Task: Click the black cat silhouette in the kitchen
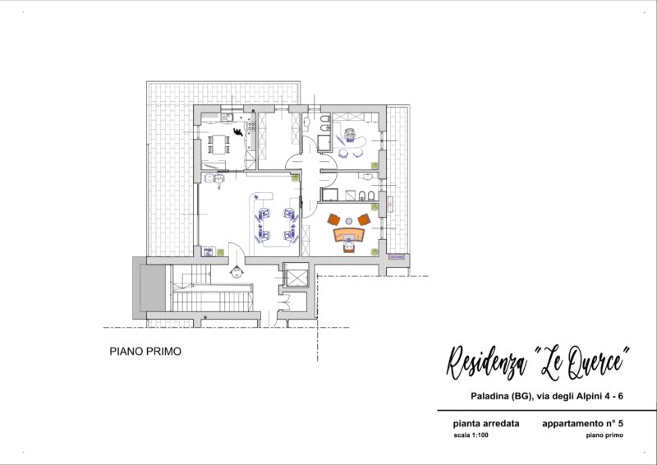238,131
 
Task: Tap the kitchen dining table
218,144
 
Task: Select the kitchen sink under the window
227,117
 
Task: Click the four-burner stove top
251,126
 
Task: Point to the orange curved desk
348,234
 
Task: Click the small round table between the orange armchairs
348,221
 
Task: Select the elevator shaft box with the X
296,275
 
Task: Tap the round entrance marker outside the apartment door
237,273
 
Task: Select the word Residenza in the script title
486,362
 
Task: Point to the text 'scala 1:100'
471,435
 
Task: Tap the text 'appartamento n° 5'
582,423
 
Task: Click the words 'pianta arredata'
486,423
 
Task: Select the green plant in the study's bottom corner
374,251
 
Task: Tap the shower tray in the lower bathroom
329,195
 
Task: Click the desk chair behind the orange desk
348,245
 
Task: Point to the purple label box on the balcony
397,256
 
